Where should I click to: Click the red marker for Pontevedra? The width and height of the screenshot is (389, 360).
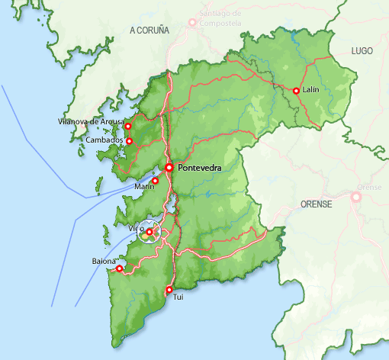point(169,168)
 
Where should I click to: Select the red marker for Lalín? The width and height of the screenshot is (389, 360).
point(296,91)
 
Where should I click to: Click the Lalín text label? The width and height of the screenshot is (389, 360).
point(310,90)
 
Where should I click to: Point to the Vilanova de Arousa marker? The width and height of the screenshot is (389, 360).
point(128,127)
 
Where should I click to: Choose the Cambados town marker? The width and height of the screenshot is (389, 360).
point(129,141)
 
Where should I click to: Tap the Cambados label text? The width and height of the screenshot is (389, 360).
point(104,140)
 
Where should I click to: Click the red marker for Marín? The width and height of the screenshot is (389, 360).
point(155,181)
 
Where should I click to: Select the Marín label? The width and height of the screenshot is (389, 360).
point(144,187)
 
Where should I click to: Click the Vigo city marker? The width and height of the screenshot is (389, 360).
point(149,232)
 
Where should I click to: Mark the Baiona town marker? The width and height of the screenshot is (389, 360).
point(119,268)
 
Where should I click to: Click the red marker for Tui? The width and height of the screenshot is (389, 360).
point(169,289)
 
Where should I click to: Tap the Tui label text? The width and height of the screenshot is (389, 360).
point(179,296)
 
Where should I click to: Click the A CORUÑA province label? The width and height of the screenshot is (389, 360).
point(149,30)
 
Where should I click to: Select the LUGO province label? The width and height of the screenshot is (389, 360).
point(362,50)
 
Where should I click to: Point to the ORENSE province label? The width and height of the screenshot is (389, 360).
point(317,204)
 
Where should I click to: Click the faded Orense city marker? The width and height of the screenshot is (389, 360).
point(355,197)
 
